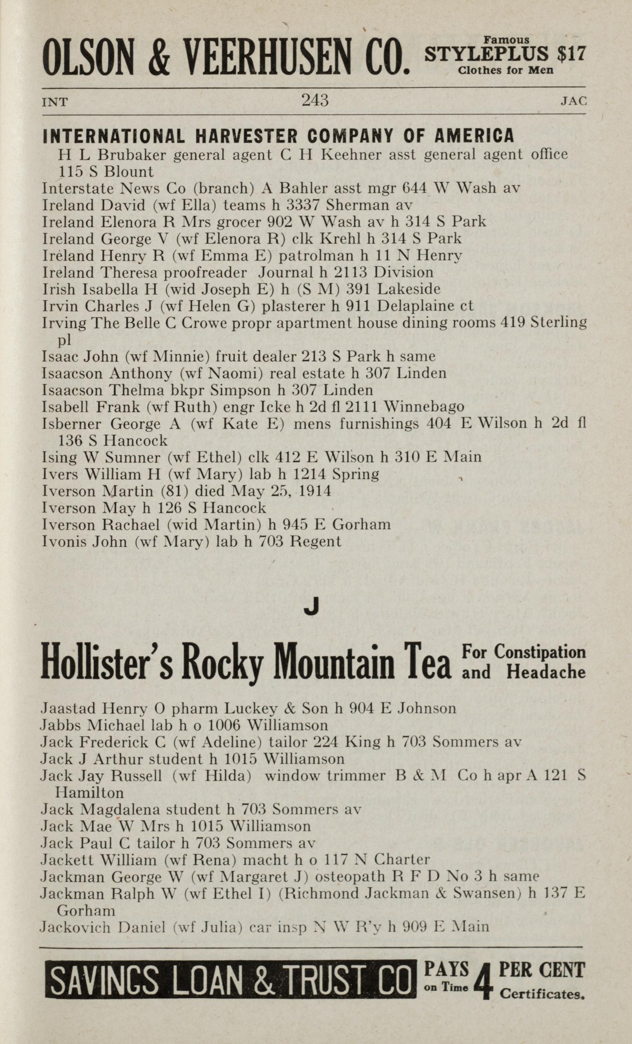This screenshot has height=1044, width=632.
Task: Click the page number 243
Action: coord(315,100)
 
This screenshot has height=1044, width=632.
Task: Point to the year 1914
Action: coord(315,491)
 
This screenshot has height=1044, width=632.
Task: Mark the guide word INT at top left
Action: coord(54,102)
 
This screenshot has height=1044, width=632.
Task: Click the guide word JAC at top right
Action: coord(573,101)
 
